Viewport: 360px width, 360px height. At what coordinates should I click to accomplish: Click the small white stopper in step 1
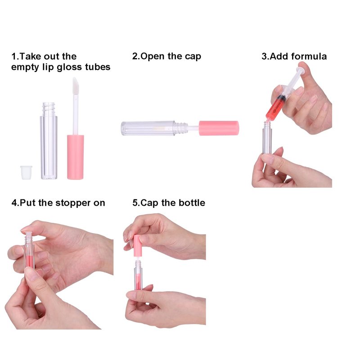coord(26,172)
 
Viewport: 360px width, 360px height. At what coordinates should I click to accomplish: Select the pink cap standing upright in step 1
coord(75,157)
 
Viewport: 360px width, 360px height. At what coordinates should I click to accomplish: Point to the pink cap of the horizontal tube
coord(219,128)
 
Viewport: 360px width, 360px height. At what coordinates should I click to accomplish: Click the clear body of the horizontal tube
coord(148,128)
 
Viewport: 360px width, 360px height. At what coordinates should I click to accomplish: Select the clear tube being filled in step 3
coord(267,137)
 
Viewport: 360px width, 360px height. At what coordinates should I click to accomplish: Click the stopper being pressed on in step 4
coord(28,235)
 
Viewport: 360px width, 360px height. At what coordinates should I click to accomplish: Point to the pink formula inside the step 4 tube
coord(29,261)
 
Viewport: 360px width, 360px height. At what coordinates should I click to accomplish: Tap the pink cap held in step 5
coord(137,246)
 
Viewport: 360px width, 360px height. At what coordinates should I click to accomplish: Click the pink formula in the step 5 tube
coord(138,283)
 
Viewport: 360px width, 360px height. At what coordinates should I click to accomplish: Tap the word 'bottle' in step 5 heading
coord(192,203)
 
